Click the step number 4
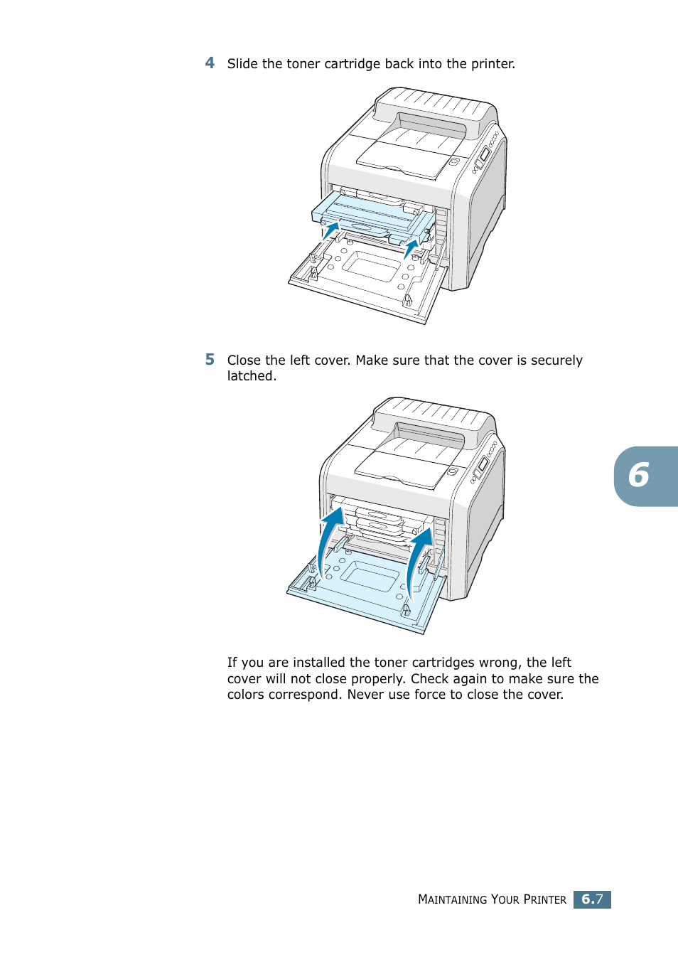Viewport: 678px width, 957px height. [210, 63]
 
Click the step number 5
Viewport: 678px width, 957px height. [210, 360]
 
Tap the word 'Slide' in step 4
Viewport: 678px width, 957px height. [242, 64]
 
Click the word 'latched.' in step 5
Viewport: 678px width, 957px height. [252, 376]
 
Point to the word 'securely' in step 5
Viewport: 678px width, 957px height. [556, 360]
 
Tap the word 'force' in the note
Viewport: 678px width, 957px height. [430, 695]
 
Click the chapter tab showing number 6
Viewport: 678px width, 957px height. [644, 476]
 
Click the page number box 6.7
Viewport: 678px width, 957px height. [592, 899]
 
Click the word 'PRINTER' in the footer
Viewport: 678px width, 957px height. [544, 899]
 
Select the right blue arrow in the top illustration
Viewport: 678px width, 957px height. [411, 249]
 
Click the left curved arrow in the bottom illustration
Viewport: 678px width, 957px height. [329, 537]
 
